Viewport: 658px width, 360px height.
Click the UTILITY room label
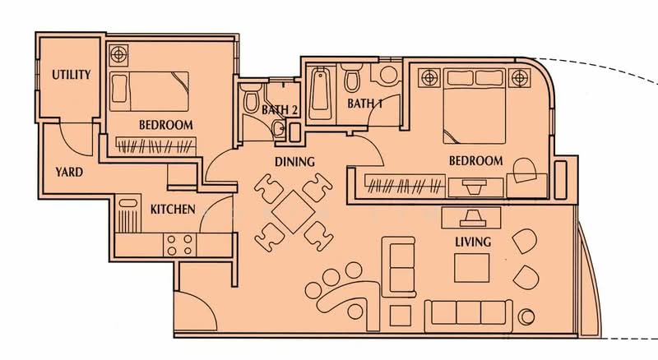[71, 75]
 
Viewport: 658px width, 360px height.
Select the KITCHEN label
[173, 210]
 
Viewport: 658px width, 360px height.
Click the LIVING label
[473, 242]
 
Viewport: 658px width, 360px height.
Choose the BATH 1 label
[365, 104]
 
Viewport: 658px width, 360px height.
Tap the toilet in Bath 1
[352, 80]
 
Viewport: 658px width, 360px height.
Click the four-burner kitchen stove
[179, 243]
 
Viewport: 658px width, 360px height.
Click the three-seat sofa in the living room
[464, 312]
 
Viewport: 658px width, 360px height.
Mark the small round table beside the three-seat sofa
[526, 316]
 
